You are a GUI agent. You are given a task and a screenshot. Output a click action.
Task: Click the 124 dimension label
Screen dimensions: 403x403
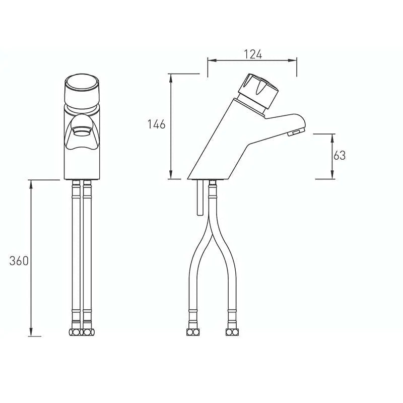(x=253, y=54)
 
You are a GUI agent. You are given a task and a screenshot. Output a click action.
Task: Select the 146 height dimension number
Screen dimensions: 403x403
(x=156, y=124)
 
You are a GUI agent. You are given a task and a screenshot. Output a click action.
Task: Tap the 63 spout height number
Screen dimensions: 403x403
(x=339, y=156)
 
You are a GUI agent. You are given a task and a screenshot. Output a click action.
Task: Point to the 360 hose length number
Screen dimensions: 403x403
(x=19, y=261)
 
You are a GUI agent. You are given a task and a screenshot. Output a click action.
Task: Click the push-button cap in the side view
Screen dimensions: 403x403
(x=258, y=91)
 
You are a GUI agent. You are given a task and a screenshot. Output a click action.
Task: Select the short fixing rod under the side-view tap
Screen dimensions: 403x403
(x=200, y=197)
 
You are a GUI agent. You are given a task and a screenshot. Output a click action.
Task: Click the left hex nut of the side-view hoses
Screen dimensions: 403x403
(x=193, y=332)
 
